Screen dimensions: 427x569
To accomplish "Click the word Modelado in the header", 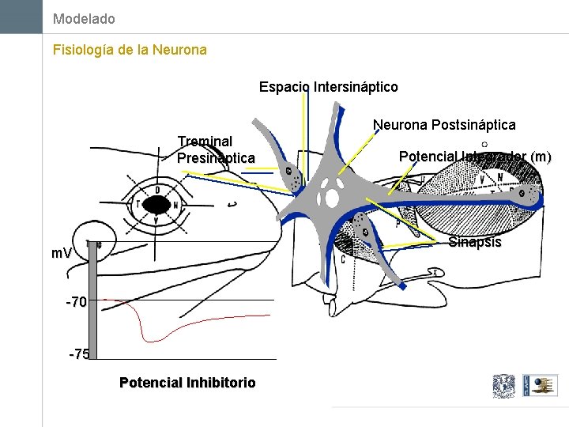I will click(x=84, y=18).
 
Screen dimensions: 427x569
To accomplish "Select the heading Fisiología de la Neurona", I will click(x=130, y=50).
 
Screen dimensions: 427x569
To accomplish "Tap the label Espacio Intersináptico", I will click(x=328, y=86).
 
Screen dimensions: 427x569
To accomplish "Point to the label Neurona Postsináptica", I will click(x=444, y=124).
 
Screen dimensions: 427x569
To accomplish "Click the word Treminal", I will click(x=205, y=142).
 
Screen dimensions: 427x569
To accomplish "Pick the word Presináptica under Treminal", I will click(x=216, y=158).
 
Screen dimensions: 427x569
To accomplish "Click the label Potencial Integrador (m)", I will click(x=475, y=157).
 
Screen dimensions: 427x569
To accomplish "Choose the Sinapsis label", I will click(x=474, y=242).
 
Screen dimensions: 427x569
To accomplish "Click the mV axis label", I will click(x=62, y=254).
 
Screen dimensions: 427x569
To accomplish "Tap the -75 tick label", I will click(x=79, y=354).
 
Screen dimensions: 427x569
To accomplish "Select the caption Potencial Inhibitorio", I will click(x=187, y=383).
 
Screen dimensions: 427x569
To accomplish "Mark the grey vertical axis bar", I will click(x=92, y=300).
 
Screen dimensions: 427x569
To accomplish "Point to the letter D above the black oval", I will click(x=157, y=190).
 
